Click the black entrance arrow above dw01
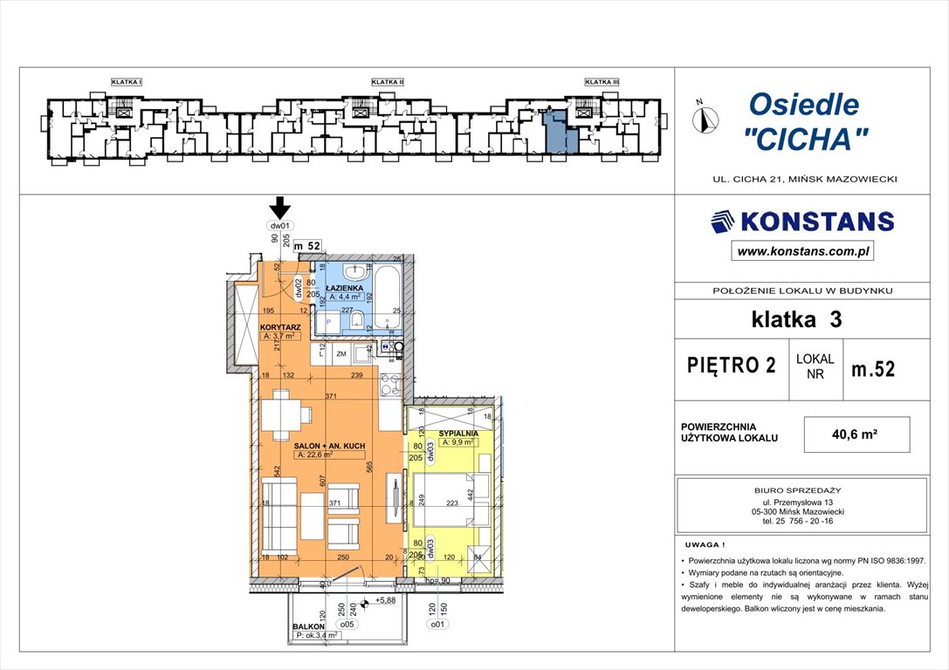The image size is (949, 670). pos(279,208)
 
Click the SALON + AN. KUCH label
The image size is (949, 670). pos(329,445)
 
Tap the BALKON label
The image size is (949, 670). pos(309,626)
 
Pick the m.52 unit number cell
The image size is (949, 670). pos(872,368)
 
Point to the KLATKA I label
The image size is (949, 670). pos(127,82)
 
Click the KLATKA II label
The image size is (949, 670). pos(387,82)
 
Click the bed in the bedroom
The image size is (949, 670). pos(451,500)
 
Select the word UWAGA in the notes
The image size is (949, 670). pos(703,543)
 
